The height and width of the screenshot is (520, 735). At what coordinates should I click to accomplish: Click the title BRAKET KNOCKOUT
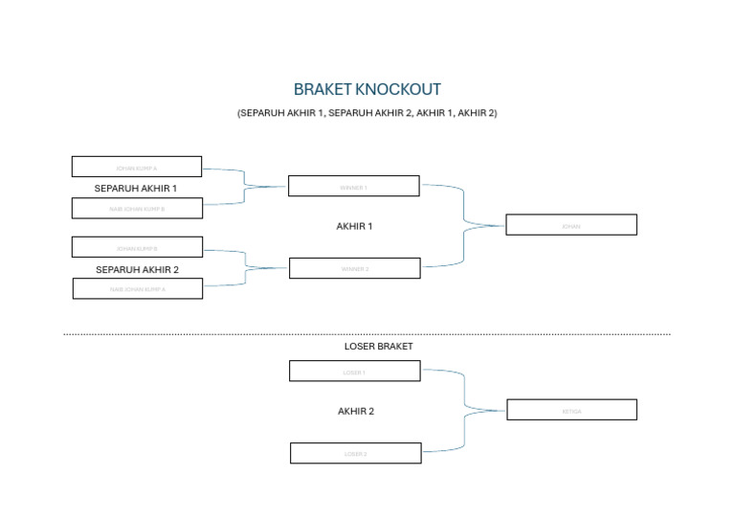367,90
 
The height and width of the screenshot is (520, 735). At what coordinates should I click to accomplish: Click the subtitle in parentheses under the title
367,113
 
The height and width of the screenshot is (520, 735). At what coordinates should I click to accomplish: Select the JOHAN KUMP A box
137,167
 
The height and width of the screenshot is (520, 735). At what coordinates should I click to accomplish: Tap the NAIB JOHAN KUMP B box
137,208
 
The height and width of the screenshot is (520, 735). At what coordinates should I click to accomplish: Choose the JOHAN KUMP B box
137,247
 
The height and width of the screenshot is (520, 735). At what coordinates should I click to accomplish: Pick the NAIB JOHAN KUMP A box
138,288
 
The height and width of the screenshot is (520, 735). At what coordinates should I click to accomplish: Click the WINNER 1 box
353,186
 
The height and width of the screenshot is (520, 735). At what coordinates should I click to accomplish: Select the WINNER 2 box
354,268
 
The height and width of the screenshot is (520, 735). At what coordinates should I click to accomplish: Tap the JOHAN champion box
570,225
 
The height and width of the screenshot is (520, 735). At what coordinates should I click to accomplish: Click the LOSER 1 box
354,371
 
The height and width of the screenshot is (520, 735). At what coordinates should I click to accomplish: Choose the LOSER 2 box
355,453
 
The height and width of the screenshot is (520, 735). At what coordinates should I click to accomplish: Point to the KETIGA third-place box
571,410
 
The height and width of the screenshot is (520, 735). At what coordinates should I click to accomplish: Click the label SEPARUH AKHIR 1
136,189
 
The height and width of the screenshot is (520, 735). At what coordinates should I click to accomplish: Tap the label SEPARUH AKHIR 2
137,270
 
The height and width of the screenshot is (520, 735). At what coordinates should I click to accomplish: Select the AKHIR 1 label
354,227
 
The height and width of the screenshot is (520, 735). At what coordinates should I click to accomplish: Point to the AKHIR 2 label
355,412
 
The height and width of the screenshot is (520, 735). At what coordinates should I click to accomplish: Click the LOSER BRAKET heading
378,347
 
